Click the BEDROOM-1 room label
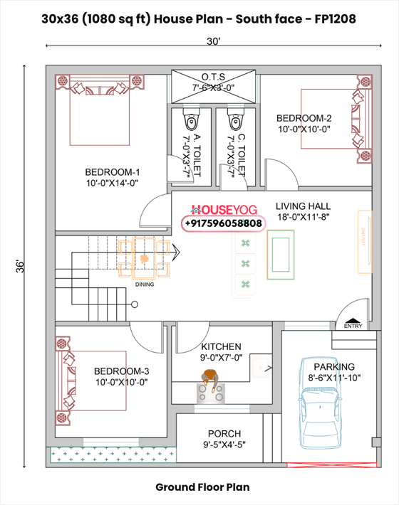[x=112, y=172]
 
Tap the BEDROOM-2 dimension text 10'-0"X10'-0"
[x=304, y=129]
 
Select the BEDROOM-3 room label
[x=121, y=371]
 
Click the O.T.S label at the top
[x=214, y=77]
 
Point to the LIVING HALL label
[x=304, y=206]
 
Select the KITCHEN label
[x=221, y=346]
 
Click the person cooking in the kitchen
[x=209, y=378]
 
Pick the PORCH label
[x=224, y=433]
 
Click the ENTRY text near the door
[x=352, y=326]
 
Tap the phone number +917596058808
[x=223, y=223]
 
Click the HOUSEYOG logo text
[x=222, y=211]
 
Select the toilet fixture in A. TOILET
[x=190, y=116]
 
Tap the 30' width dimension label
[x=214, y=41]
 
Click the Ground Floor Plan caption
[x=203, y=487]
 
